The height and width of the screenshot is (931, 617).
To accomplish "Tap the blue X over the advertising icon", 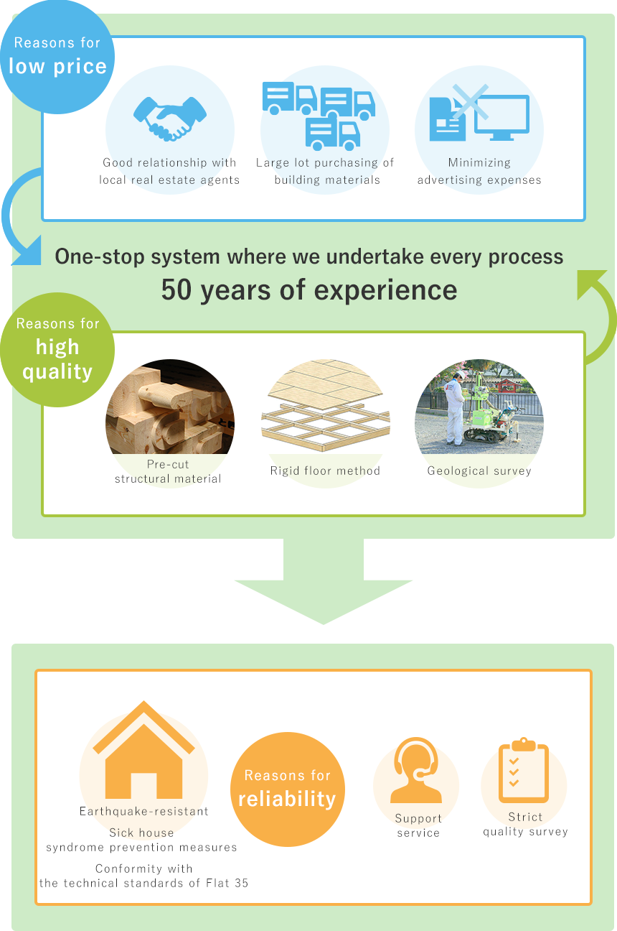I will tap(470, 101).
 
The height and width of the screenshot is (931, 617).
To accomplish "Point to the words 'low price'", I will tap(57, 67).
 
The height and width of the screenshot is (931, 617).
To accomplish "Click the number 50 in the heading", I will tap(176, 290).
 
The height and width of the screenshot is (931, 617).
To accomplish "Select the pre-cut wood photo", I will tap(169, 407).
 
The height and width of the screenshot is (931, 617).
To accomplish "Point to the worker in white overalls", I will tap(455, 409).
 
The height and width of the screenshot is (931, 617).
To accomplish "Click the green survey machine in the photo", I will tap(495, 417).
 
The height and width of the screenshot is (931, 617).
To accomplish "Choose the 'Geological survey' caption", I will tap(479, 471).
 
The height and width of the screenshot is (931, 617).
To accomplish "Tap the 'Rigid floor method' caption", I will tap(325, 471).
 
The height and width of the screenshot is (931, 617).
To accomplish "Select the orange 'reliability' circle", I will tap(287, 789).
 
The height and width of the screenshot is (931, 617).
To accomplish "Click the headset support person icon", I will tap(416, 771).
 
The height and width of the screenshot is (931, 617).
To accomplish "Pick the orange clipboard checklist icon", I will tap(524, 771).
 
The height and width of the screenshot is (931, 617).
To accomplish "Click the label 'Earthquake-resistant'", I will tap(143, 811).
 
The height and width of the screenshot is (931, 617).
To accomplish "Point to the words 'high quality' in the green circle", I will tap(57, 359).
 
